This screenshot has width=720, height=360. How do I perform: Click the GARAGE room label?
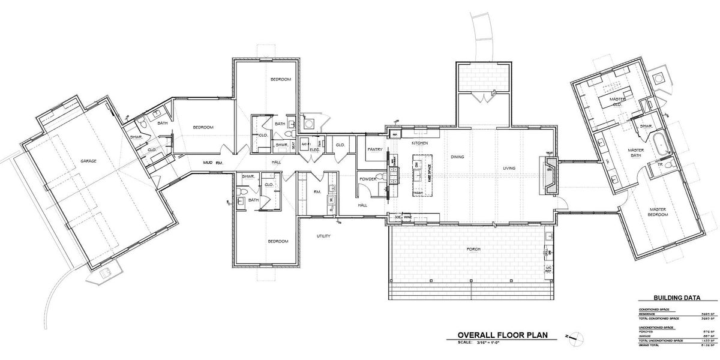(89, 161)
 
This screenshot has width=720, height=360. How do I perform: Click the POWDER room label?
(368, 179)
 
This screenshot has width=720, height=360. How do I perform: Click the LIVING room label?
(509, 167)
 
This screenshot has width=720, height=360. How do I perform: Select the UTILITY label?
(323, 236)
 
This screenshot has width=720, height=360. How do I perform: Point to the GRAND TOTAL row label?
(650, 346)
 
